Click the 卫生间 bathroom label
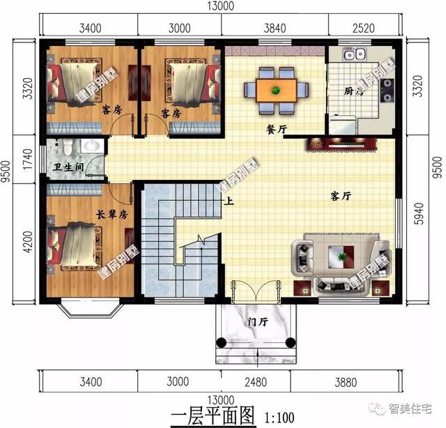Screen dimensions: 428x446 coord(69,167)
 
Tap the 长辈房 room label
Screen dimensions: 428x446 coord(110,214)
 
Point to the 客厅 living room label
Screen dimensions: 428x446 coord(339,197)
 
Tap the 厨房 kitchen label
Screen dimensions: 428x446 coord(354,91)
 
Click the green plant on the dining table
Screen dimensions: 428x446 coord(276,89)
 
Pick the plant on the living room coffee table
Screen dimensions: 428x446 coord(341,258)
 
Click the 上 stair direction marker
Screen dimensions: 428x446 coord(227,202)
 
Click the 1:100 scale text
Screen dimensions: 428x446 coord(279,418)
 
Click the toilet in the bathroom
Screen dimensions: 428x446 coord(66,147)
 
